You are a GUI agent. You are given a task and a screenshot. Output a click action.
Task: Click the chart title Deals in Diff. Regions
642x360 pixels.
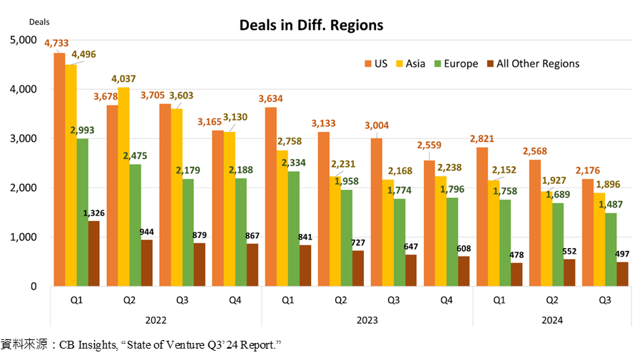(x=311, y=26)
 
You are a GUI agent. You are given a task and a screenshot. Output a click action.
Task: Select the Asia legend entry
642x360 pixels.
(x=411, y=64)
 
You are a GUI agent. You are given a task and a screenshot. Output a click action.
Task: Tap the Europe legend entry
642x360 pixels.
(x=456, y=64)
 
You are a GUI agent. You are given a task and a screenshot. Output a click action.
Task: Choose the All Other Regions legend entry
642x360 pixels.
(x=533, y=64)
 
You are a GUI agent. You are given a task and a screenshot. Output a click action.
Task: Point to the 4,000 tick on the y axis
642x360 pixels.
(x=24, y=89)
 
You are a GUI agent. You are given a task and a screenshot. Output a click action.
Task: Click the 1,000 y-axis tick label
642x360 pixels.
(x=24, y=237)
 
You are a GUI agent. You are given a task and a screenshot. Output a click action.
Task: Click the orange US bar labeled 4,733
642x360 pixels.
(x=59, y=170)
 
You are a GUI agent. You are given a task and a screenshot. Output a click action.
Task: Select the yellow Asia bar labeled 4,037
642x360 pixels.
(x=123, y=187)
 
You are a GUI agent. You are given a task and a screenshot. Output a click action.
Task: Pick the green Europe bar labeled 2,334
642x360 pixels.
(x=294, y=229)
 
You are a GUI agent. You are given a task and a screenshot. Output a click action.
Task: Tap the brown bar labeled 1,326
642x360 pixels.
(x=93, y=254)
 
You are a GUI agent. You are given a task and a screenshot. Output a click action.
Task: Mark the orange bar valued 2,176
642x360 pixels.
(x=588, y=232)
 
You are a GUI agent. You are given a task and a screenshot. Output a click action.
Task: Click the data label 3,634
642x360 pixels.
(x=270, y=98)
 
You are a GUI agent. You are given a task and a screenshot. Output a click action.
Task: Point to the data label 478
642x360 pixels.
(x=516, y=255)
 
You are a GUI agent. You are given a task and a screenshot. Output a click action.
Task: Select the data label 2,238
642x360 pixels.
(x=449, y=168)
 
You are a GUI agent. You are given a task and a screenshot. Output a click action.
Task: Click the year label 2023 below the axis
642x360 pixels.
(x=367, y=320)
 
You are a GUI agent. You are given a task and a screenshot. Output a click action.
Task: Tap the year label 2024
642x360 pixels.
(x=552, y=320)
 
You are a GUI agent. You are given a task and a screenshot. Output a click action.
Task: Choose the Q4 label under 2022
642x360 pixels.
(x=235, y=300)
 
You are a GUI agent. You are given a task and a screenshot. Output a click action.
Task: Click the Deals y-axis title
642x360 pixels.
(x=39, y=22)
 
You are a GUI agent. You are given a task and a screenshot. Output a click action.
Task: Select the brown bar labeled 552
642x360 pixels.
(x=569, y=272)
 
